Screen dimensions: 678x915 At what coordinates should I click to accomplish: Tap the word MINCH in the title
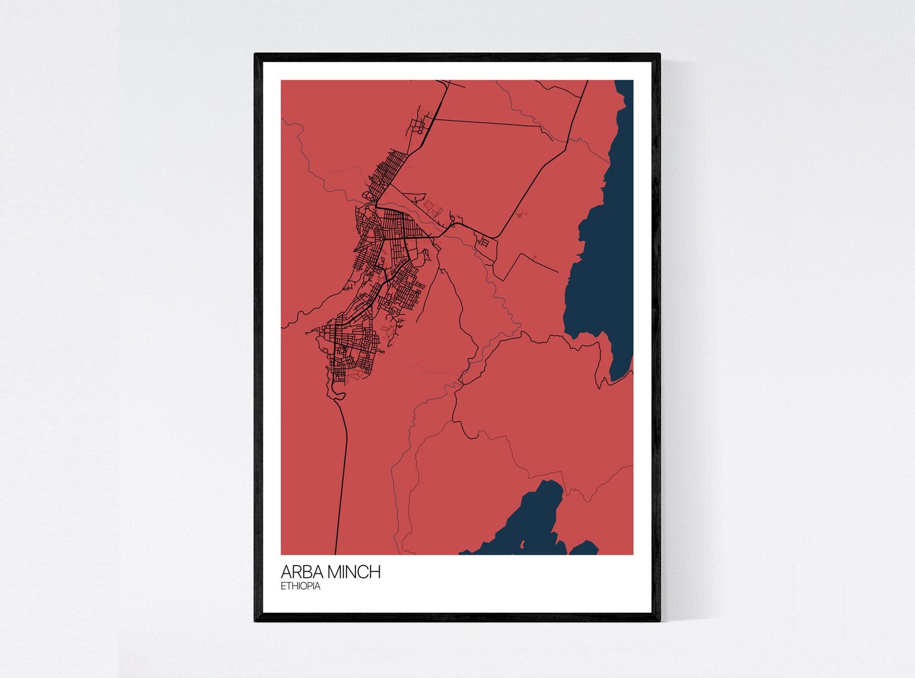354,572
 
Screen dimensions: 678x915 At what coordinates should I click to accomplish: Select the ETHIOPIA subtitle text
300,586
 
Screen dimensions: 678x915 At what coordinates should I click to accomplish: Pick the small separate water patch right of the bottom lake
584,548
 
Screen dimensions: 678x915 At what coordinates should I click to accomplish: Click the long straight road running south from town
343,473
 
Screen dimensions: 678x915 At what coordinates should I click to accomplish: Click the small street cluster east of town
483,241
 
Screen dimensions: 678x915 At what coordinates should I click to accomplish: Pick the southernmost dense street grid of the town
349,346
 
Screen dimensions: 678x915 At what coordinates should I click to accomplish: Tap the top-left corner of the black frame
256,55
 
